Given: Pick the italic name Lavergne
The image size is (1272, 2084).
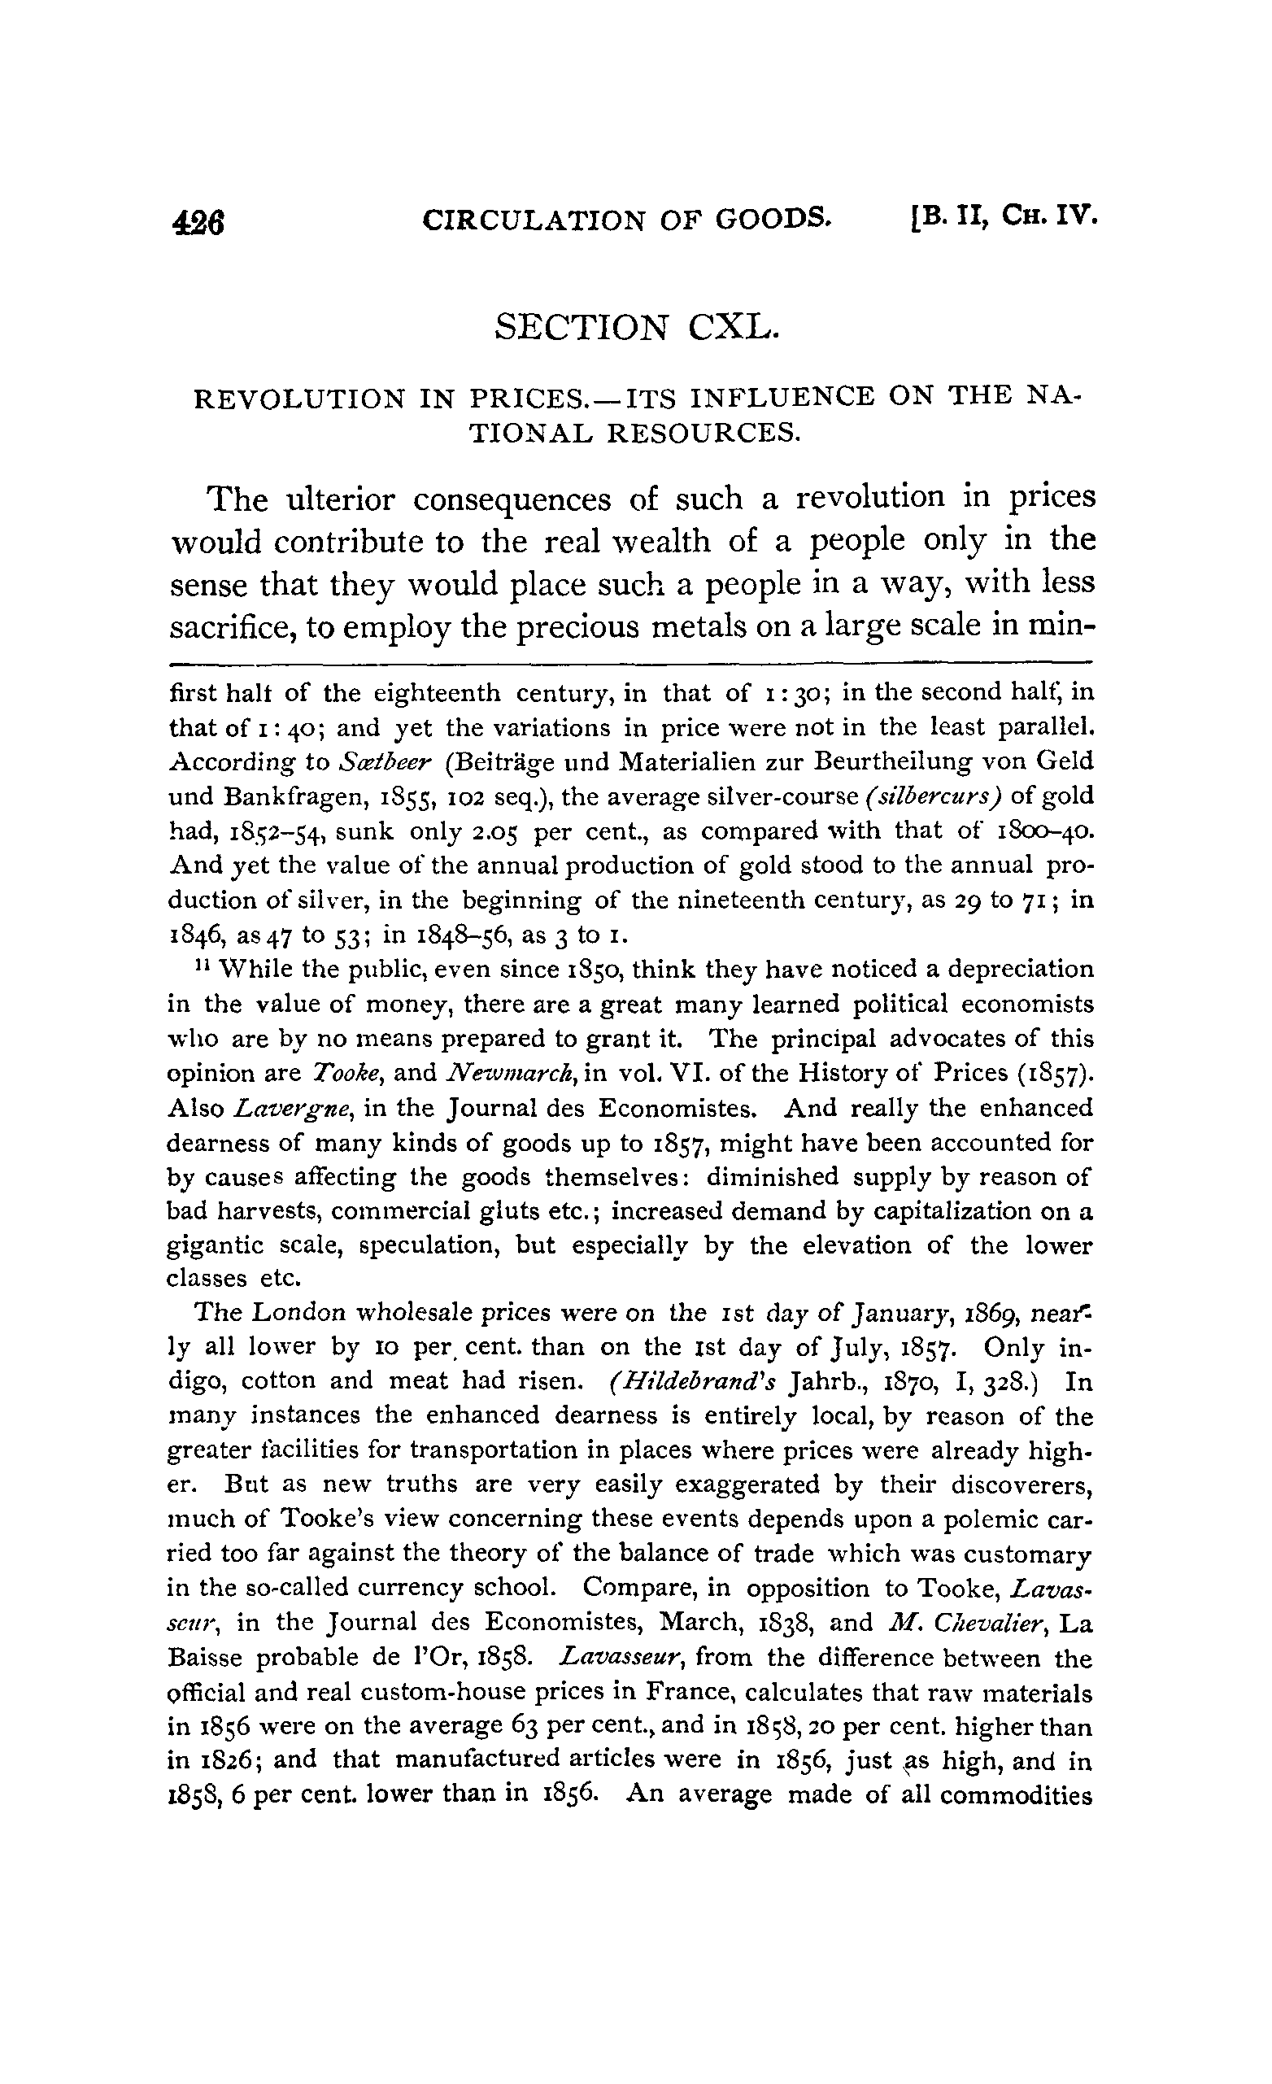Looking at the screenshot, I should tap(283, 1108).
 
